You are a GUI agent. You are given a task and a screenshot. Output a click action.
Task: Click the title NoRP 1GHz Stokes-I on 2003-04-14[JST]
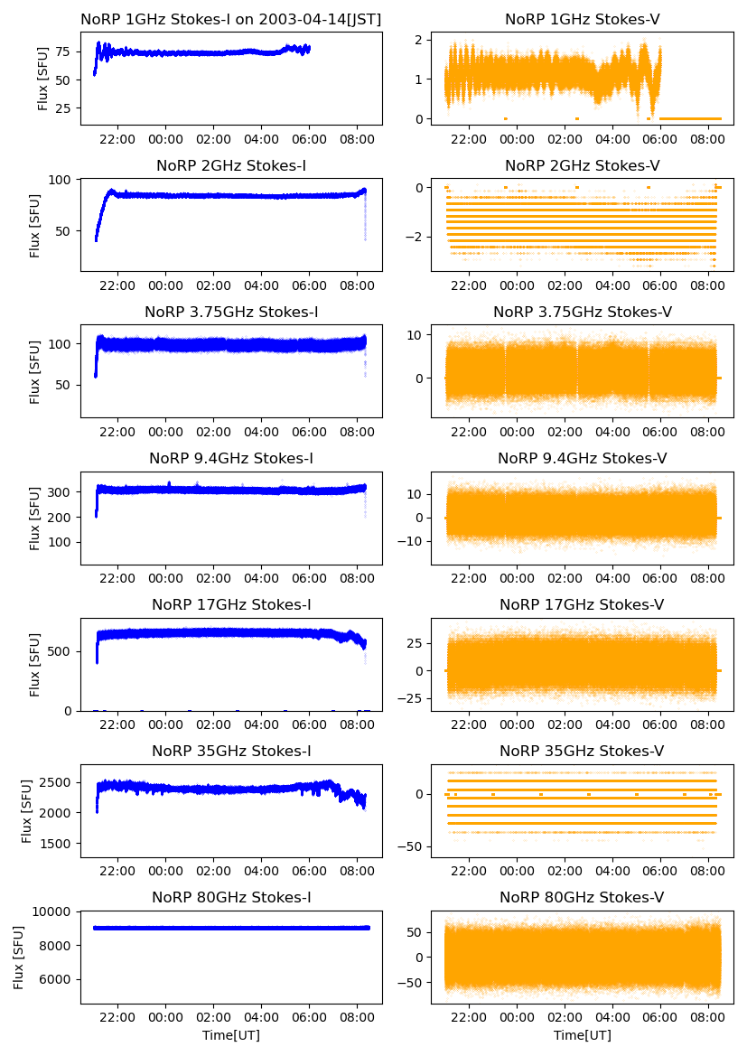click(231, 19)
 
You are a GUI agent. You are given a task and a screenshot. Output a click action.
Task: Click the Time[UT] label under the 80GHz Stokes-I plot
click(231, 1035)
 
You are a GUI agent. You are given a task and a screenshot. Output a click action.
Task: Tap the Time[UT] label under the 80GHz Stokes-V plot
click(582, 1035)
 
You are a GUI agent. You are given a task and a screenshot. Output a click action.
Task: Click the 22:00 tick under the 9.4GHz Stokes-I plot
click(118, 579)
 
